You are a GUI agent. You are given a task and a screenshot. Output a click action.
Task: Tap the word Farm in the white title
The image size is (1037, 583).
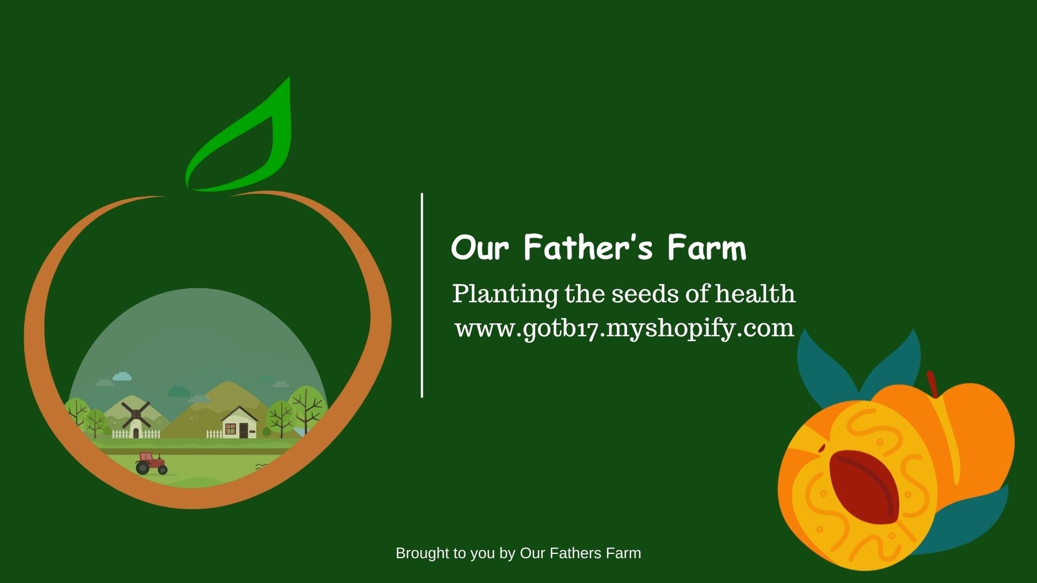coord(707,248)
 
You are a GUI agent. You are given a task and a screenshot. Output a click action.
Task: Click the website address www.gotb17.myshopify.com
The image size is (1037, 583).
coord(624,328)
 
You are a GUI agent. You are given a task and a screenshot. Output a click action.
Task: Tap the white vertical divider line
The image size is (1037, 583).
coord(422,295)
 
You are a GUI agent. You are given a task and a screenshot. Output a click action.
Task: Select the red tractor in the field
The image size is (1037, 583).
coord(151,463)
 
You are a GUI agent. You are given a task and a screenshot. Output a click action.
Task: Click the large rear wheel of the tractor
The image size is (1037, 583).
coord(143,467)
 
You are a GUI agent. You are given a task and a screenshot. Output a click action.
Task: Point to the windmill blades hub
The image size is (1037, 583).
coord(136,414)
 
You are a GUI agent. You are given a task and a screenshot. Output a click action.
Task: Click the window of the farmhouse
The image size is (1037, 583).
coord(231,430)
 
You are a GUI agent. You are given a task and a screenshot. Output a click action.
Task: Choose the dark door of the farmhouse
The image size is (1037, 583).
coord(244,431)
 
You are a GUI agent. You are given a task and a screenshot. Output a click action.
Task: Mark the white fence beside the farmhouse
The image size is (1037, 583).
coord(214,434)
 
